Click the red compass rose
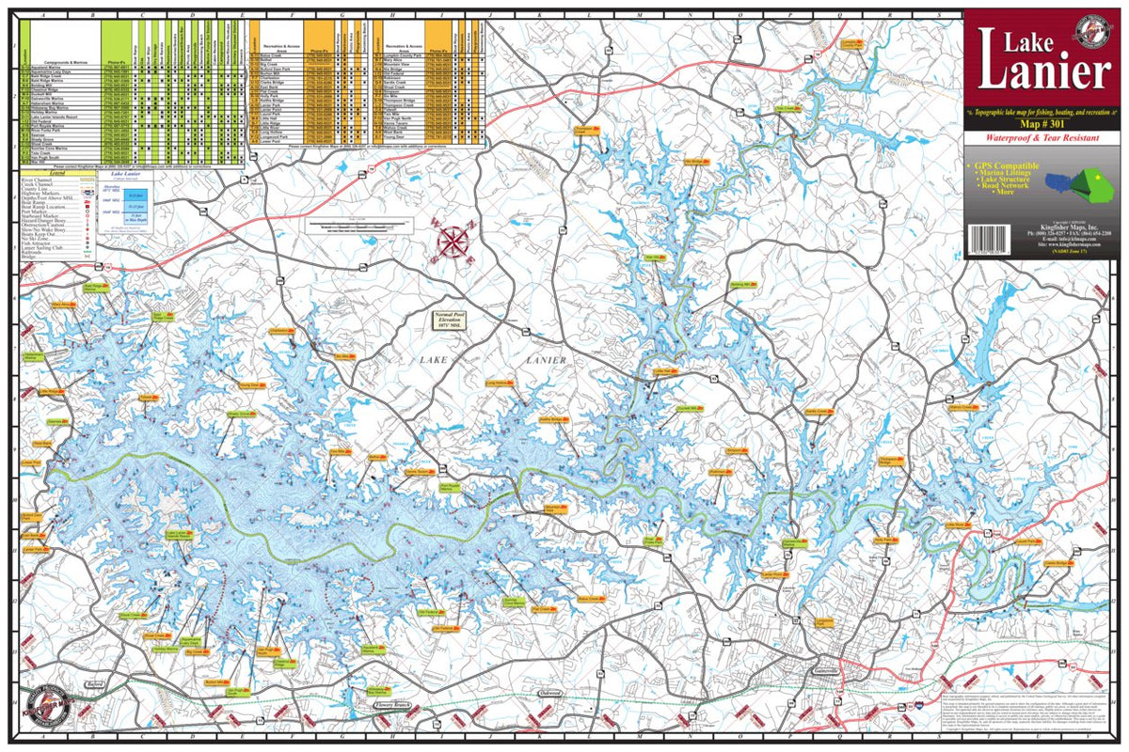pos(453,240)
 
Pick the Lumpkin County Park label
pos(851,43)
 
